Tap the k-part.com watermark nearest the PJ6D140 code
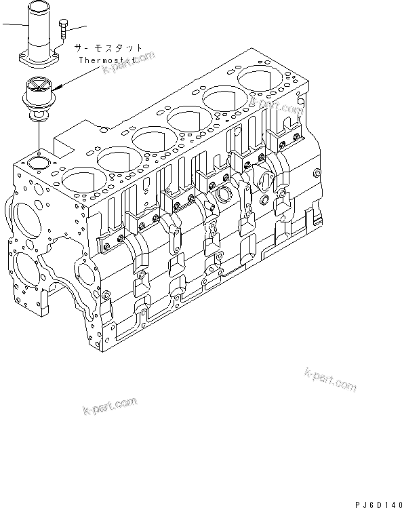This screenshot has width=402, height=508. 331,381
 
